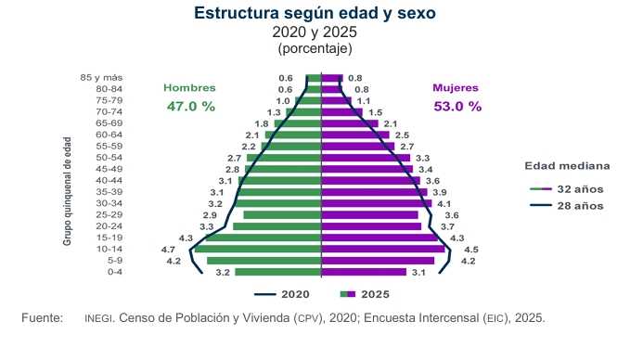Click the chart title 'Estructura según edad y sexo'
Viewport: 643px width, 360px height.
pos(315,13)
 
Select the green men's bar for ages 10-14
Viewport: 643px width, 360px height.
pos(258,249)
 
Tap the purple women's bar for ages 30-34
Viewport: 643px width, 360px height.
pos(377,203)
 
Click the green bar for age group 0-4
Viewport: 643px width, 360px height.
pos(278,272)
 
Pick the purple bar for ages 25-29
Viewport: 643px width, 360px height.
pos(369,215)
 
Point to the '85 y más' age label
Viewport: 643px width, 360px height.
pos(101,78)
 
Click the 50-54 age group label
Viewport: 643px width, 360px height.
pos(109,158)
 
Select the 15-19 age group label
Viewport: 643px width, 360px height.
pos(109,238)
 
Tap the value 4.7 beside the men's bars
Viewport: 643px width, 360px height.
pos(168,250)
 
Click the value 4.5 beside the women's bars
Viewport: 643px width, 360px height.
pos(471,250)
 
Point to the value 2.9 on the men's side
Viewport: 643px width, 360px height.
pos(210,215)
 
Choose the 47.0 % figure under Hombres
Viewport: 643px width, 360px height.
pos(191,107)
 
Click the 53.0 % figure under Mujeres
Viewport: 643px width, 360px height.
pos(457,107)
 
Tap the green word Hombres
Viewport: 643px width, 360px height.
pos(189,88)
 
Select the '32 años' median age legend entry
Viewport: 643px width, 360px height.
pos(567,189)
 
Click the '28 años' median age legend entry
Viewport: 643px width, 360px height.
pos(567,205)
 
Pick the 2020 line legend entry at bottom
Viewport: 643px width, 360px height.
pos(282,294)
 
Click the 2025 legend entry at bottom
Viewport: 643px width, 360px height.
pos(365,294)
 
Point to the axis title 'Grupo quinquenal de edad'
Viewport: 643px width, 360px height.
pos(67,191)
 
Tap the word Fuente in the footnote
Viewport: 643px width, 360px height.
pos(43,317)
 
